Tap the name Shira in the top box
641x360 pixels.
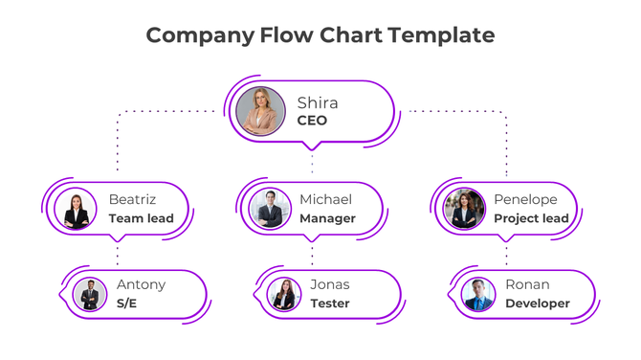(x=317, y=102)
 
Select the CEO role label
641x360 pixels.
(x=312, y=121)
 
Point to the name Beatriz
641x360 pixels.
(x=132, y=199)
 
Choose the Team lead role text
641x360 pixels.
(x=141, y=218)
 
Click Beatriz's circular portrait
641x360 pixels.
(x=77, y=210)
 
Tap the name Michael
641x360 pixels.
(x=325, y=199)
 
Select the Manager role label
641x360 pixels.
(x=327, y=218)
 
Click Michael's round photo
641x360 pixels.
(x=271, y=209)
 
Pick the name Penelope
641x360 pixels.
(x=525, y=199)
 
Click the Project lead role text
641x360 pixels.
(x=531, y=218)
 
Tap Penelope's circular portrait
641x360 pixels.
(x=465, y=210)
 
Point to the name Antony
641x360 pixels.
(x=141, y=284)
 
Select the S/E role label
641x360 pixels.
(x=127, y=304)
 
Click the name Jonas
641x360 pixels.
(x=329, y=284)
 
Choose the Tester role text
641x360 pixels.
(x=329, y=304)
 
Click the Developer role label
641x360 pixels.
(x=537, y=304)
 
